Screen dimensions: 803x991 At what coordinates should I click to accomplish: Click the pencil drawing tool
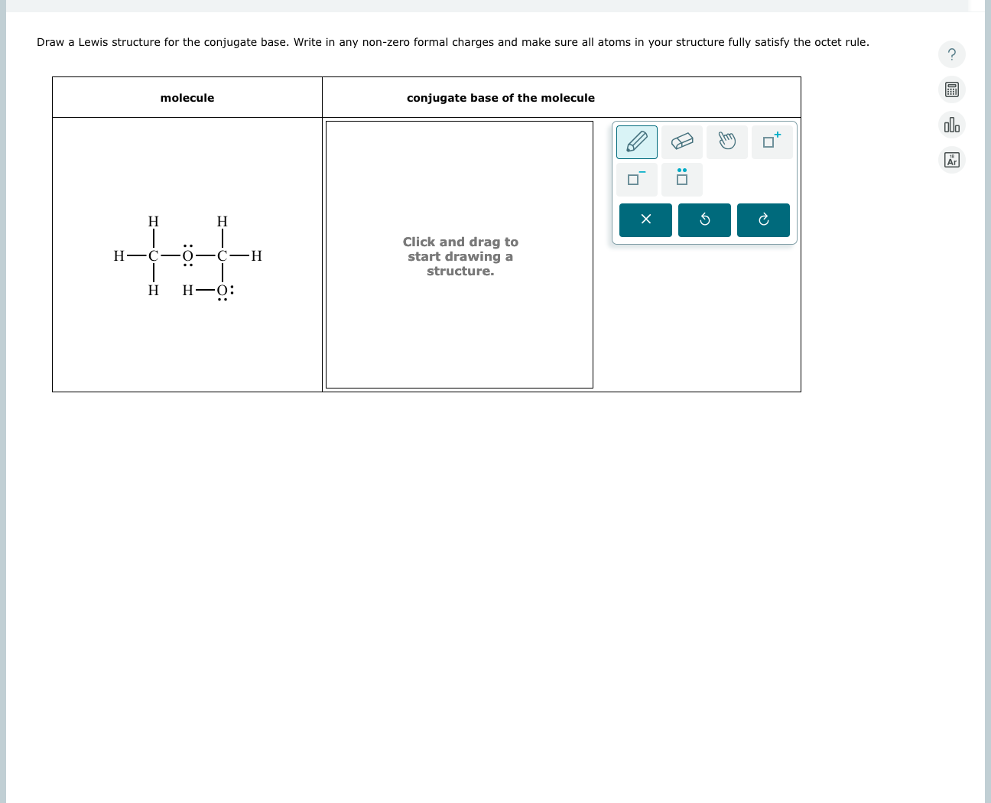pos(636,142)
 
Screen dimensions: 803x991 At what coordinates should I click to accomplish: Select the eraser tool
pos(681,142)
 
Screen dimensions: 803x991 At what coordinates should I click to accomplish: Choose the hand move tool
pos(726,142)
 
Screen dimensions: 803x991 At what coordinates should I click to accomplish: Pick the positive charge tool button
pos(772,142)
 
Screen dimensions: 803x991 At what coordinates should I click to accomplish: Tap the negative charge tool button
pos(636,180)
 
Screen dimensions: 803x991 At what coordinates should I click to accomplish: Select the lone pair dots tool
pos(681,180)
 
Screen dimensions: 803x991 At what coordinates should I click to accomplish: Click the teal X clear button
pos(645,220)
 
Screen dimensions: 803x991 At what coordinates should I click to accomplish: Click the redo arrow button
pos(763,220)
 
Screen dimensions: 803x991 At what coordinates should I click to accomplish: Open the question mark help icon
pos(951,54)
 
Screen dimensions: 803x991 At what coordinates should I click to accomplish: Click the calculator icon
pos(951,89)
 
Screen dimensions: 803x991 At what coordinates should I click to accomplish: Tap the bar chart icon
pos(951,125)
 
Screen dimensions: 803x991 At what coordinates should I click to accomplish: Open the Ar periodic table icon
pos(951,160)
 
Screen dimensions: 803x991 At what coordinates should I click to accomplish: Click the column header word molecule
pos(187,98)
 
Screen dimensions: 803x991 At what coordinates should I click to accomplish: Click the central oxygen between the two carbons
pos(187,256)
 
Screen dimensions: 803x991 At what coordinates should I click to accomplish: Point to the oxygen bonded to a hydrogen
pos(223,291)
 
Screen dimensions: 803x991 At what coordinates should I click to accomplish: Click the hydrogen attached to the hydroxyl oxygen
pos(188,291)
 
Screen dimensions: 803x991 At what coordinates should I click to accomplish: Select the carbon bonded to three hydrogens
pos(154,256)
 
